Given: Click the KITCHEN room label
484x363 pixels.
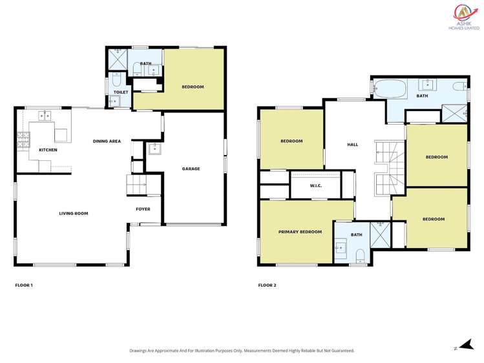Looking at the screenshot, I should click(x=48, y=150).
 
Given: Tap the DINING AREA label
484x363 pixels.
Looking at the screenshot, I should click(x=107, y=141).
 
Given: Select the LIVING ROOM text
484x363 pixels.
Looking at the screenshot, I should click(x=73, y=213).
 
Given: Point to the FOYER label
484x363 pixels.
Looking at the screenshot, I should click(x=143, y=209).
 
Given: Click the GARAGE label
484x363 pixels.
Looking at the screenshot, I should click(x=191, y=169).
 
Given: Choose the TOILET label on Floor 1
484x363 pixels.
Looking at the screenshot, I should click(x=121, y=92).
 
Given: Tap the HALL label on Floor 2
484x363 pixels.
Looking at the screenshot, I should click(x=352, y=145).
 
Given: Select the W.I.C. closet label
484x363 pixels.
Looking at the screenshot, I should click(x=315, y=186).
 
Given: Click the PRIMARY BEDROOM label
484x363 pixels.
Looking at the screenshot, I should click(x=300, y=231).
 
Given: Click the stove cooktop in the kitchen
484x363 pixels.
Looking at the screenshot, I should click(x=23, y=138).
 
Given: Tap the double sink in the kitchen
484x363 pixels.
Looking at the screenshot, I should click(x=45, y=116).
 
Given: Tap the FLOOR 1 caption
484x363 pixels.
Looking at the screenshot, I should click(x=24, y=285).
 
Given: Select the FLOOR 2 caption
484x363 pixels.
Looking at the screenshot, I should click(x=267, y=285).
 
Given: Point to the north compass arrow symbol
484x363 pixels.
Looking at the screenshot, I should click(x=459, y=347).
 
